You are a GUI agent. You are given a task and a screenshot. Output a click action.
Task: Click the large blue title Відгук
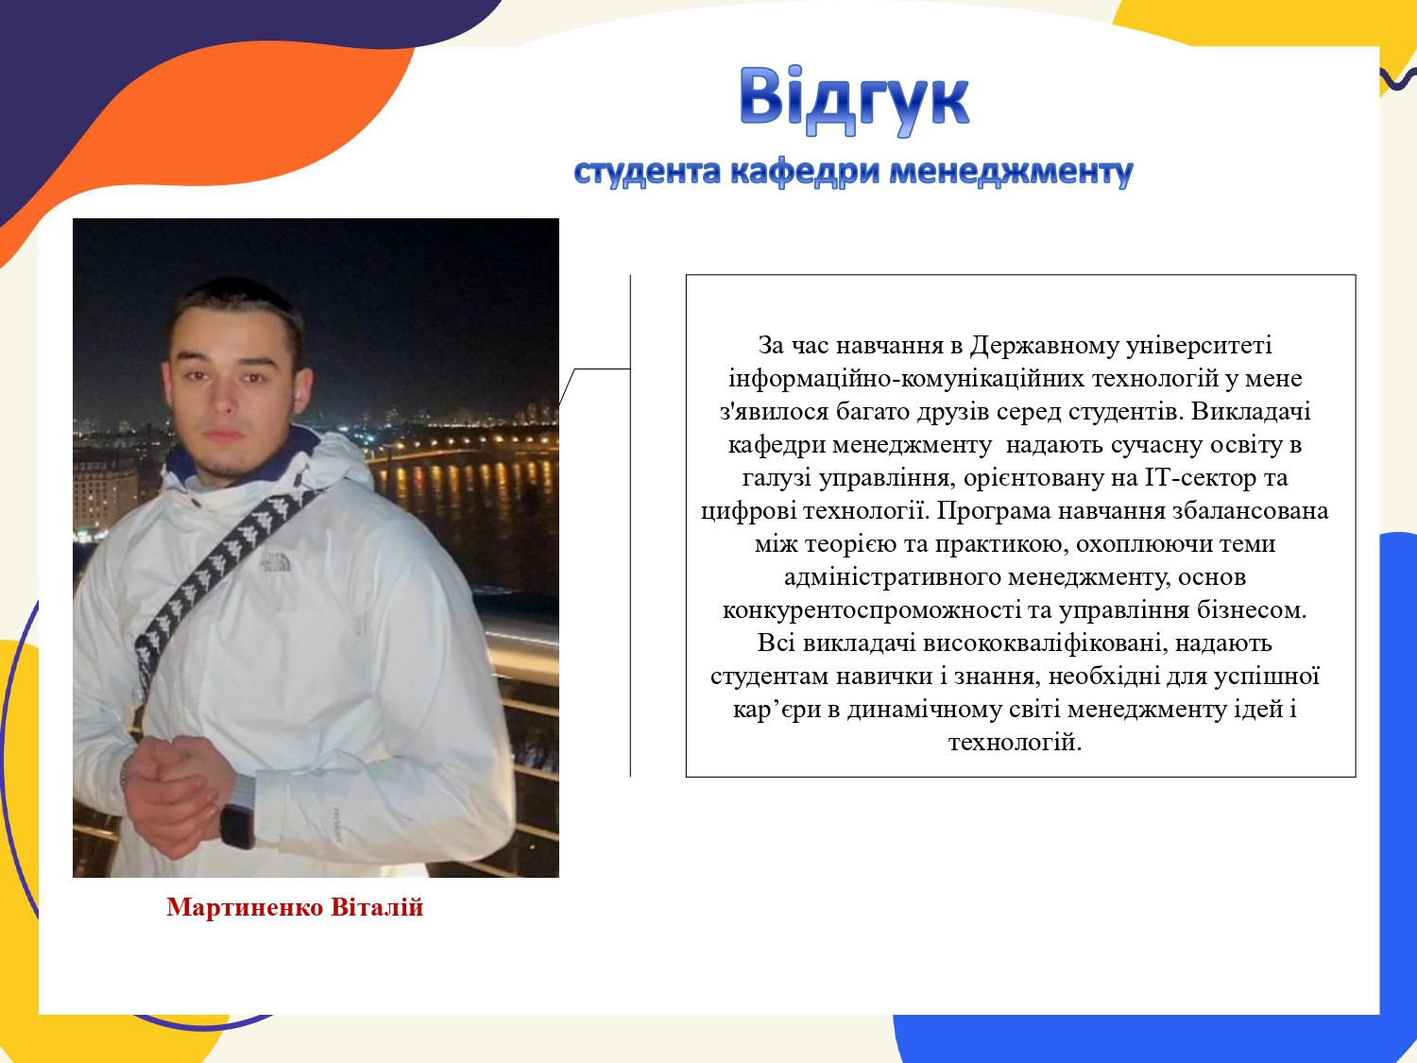tap(853, 101)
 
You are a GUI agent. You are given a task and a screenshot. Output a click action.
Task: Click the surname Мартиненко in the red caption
tap(245, 907)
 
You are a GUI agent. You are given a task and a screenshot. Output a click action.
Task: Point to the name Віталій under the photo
tap(378, 907)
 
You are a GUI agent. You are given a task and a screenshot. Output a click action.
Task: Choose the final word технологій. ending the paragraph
tap(1015, 743)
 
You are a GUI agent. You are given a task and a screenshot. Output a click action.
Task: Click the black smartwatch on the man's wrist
tap(237, 826)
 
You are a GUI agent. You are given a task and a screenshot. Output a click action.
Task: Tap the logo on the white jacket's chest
tap(276, 561)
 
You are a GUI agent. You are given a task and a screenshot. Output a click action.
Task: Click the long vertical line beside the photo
tap(630, 525)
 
